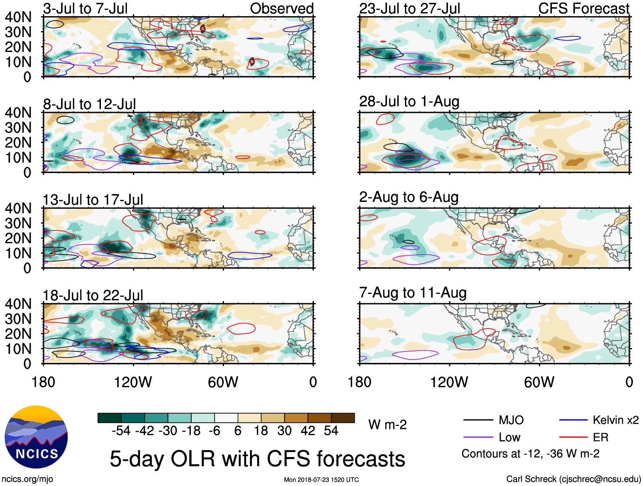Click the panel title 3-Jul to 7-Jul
pyautogui.click(x=85, y=9)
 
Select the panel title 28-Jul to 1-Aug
pyautogui.click(x=409, y=101)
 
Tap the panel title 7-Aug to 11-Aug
pyautogui.click(x=413, y=293)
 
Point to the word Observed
pyautogui.click(x=281, y=9)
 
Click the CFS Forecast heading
pyautogui.click(x=583, y=9)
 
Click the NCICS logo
pyautogui.click(x=36, y=437)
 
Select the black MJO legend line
pyautogui.click(x=478, y=420)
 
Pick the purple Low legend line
pyautogui.click(x=478, y=437)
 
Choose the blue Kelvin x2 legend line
pyautogui.click(x=573, y=420)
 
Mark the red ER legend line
pyautogui.click(x=573, y=437)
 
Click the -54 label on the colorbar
pyautogui.click(x=121, y=431)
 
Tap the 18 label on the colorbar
pyautogui.click(x=261, y=431)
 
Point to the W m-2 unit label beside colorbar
pyautogui.click(x=388, y=425)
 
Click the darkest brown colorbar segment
pyautogui.click(x=343, y=418)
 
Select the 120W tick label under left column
pyautogui.click(x=133, y=382)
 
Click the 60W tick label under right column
pyautogui.click(x=539, y=382)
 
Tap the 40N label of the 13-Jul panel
pyautogui.click(x=18, y=208)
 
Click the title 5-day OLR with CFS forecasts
pyautogui.click(x=257, y=459)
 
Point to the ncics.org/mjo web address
pyautogui.click(x=28, y=479)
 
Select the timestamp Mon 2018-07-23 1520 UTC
pyautogui.click(x=321, y=480)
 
